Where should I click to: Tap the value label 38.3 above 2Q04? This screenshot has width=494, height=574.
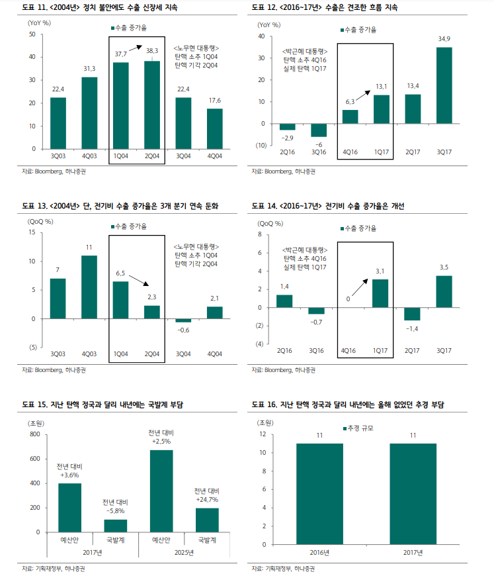[x=152, y=50]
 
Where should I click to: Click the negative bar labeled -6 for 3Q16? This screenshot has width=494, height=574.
[x=319, y=130]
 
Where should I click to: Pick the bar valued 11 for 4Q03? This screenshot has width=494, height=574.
[x=89, y=287]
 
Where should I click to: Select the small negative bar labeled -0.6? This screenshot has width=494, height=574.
[x=183, y=320]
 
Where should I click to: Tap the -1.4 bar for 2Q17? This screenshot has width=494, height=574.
[x=413, y=315]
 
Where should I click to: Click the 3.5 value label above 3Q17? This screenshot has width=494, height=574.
[x=444, y=267]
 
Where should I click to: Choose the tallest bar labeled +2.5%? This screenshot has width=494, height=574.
[x=161, y=491]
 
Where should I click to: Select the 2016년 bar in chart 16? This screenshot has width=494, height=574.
[x=319, y=493]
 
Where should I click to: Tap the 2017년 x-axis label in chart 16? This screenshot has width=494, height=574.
[x=413, y=552]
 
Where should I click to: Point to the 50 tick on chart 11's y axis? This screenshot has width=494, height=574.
[x=32, y=34]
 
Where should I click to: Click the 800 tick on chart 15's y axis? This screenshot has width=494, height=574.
[x=34, y=435]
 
